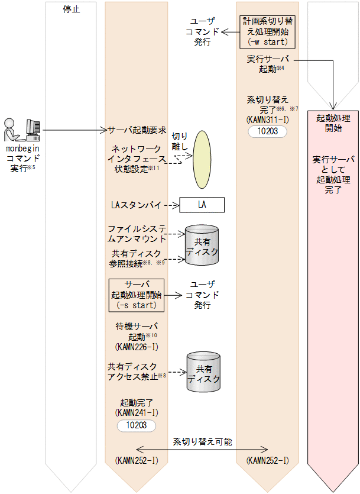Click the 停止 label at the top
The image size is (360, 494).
click(71, 9)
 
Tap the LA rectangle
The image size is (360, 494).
click(202, 205)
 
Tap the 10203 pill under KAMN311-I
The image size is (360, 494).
click(267, 131)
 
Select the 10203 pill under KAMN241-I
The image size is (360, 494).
click(136, 425)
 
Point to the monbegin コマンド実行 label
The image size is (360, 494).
click(22, 160)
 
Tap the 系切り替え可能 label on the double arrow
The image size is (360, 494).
click(203, 441)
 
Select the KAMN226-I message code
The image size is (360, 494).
click(137, 346)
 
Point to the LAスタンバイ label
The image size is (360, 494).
click(136, 205)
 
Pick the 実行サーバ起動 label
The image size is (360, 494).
click(267, 64)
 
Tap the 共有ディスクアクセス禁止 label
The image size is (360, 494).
click(135, 372)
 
